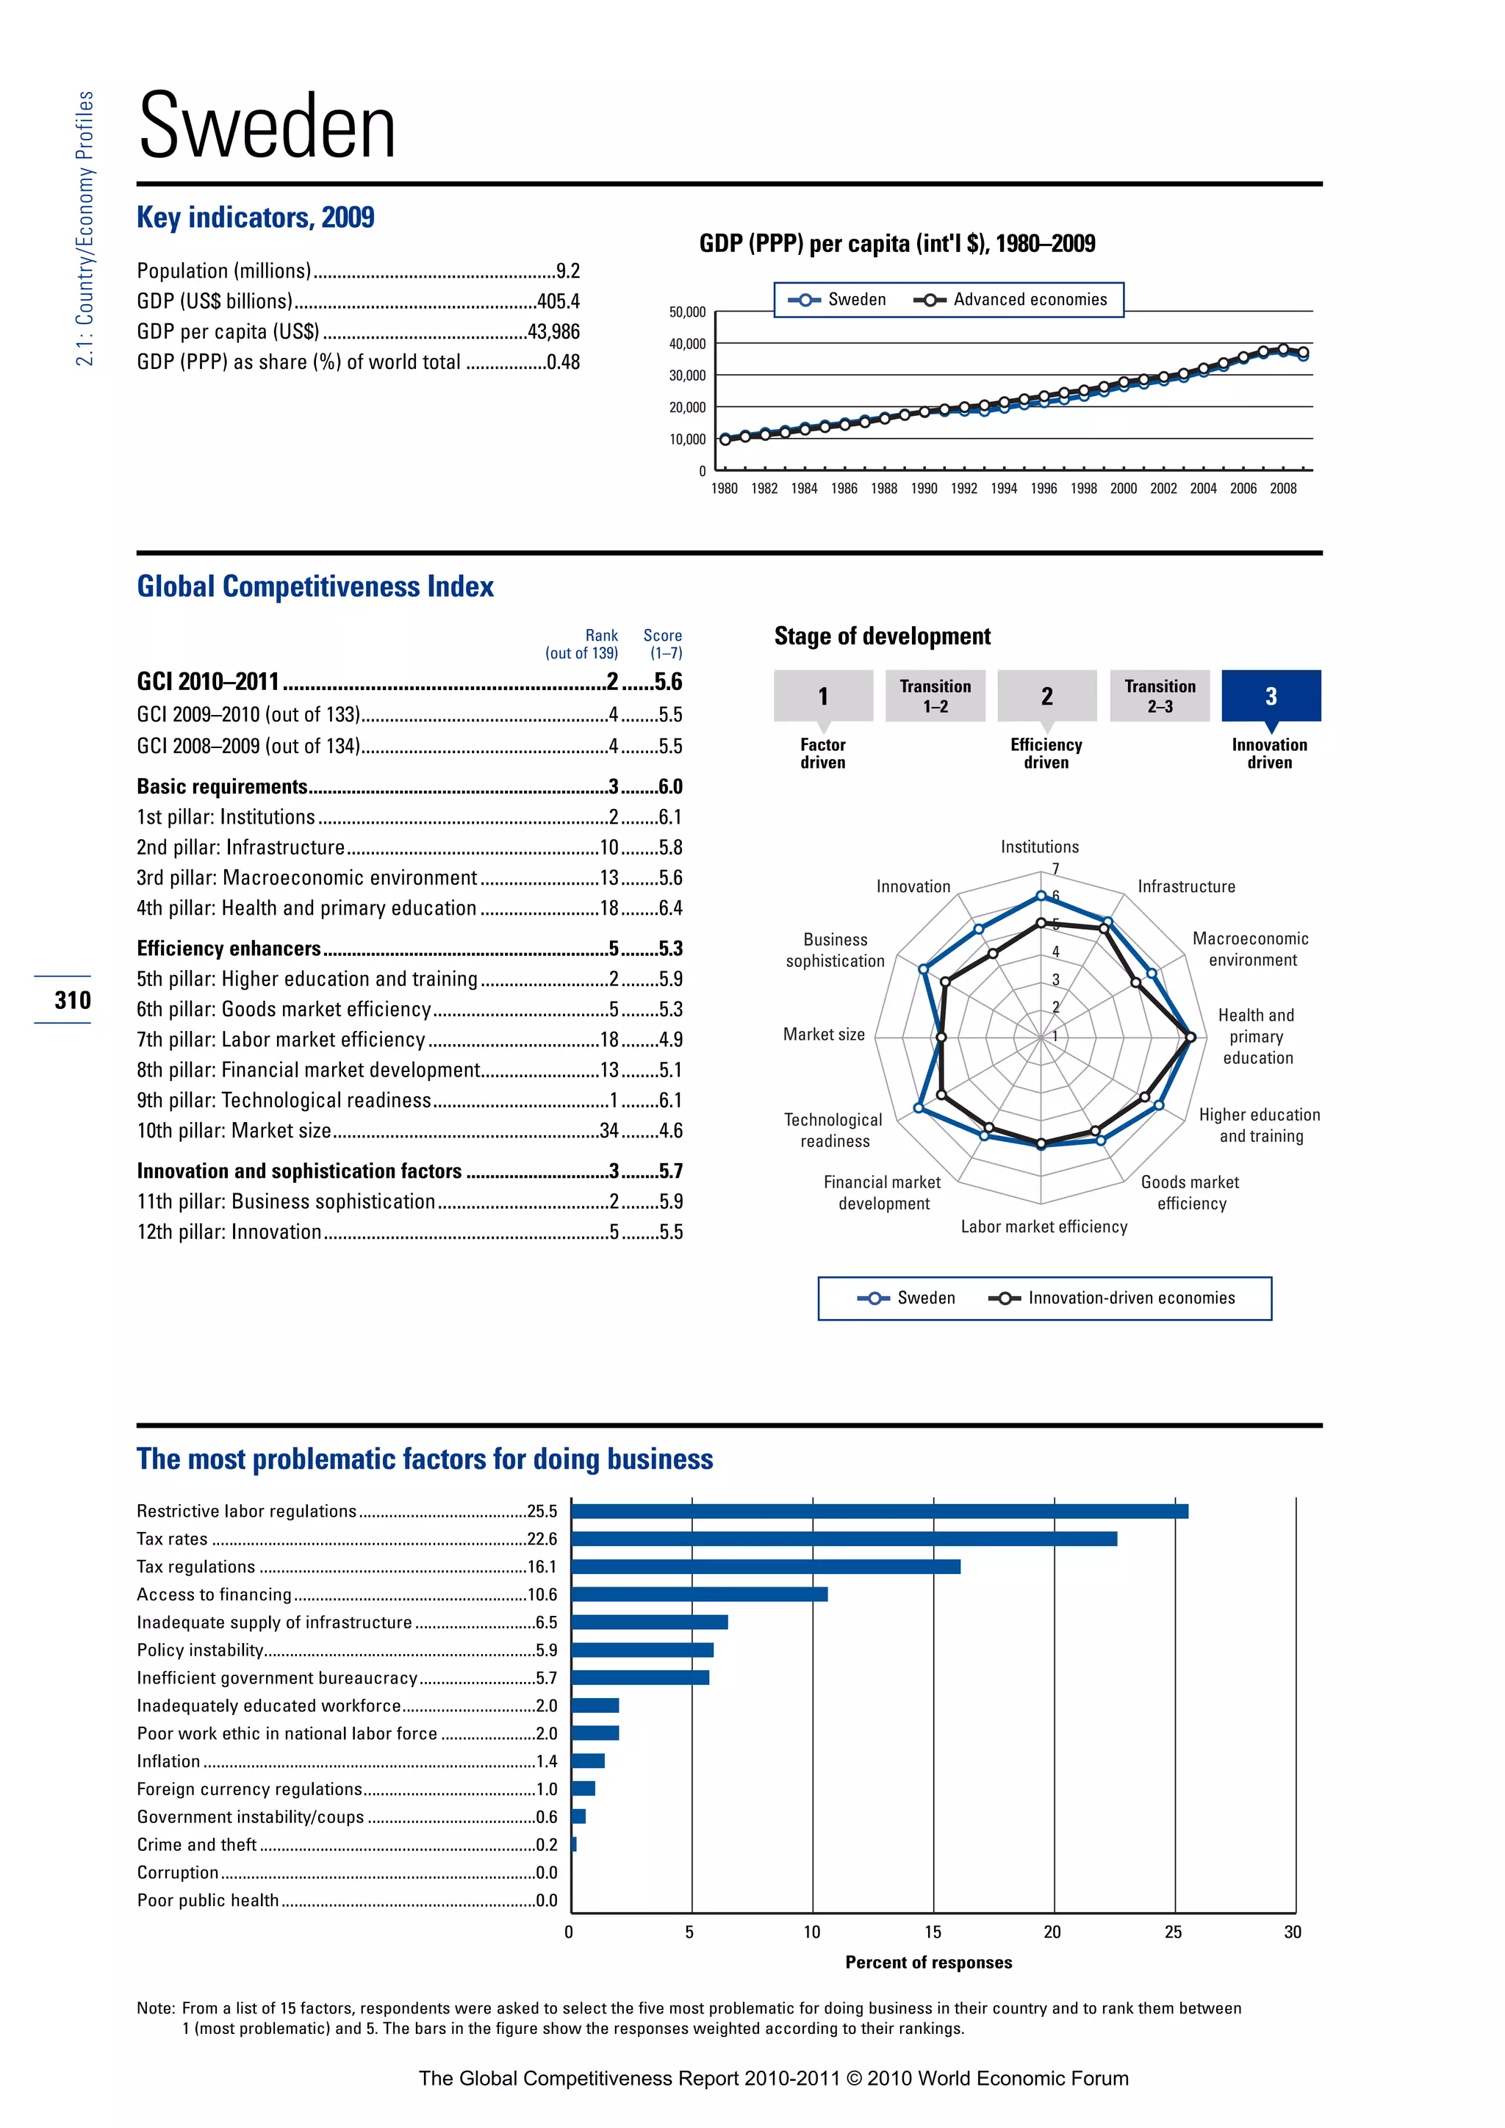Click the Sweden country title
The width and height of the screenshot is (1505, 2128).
point(267,127)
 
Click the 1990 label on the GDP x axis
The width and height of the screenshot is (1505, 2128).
point(923,489)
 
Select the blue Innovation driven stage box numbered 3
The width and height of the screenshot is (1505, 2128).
point(1271,695)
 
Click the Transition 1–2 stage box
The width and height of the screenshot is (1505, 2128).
point(935,696)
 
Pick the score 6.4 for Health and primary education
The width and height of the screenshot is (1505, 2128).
point(670,908)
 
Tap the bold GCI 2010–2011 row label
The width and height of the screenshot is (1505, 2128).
point(207,682)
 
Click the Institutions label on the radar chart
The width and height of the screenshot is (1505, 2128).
point(1039,847)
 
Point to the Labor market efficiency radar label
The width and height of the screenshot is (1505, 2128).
point(1044,1227)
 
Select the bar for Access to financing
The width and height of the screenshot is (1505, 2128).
point(699,1594)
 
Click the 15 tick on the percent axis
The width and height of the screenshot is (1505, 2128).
point(933,1933)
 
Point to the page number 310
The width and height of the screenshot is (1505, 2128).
point(72,1000)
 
